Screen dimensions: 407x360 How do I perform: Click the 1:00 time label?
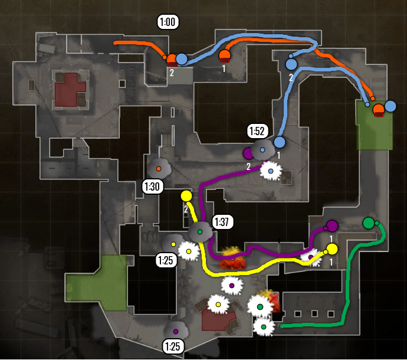(168, 22)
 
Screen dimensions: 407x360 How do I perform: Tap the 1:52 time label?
(258, 131)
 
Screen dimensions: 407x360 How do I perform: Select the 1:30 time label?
(152, 187)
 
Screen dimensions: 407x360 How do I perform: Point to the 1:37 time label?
(222, 222)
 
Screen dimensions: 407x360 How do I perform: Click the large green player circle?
(369, 223)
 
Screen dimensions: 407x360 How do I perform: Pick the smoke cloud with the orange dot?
(159, 168)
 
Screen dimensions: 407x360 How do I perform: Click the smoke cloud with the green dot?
(200, 231)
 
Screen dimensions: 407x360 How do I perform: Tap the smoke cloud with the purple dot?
(176, 331)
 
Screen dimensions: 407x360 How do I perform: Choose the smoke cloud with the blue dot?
(262, 150)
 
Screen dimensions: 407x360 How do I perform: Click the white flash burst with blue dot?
(271, 171)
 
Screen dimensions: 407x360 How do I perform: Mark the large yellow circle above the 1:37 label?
(186, 196)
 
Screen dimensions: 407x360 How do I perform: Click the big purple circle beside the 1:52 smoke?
(248, 153)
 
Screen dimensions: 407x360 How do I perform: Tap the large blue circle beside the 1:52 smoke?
(279, 142)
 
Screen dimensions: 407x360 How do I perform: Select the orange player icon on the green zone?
(379, 110)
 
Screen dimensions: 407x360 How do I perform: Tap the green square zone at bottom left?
(96, 283)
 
